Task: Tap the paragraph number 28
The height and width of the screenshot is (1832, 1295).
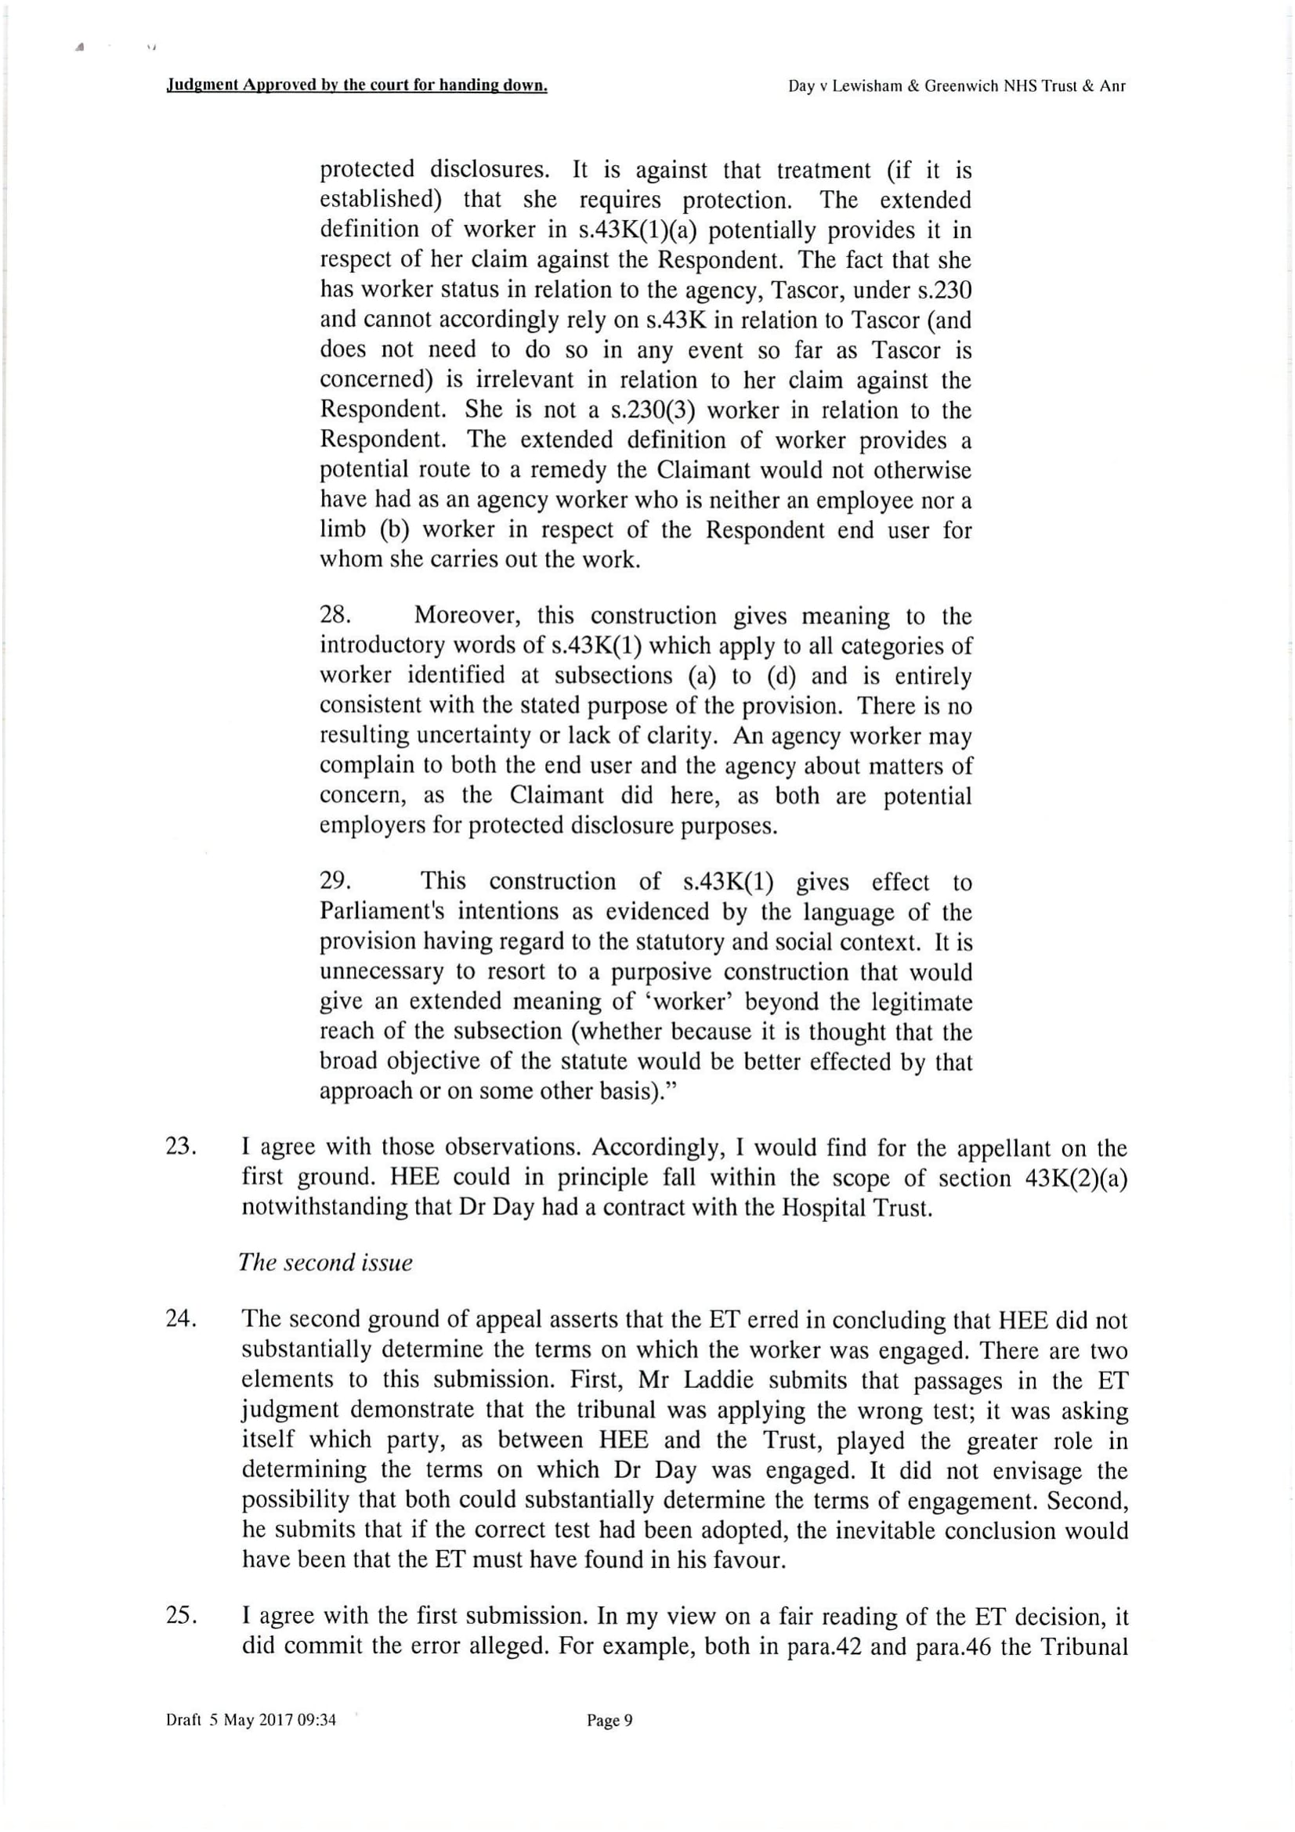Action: pos(335,616)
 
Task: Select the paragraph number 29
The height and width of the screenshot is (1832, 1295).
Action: pos(335,881)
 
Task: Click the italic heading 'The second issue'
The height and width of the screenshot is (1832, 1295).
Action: pos(326,1263)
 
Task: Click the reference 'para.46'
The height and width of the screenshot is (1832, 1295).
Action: pos(956,1646)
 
